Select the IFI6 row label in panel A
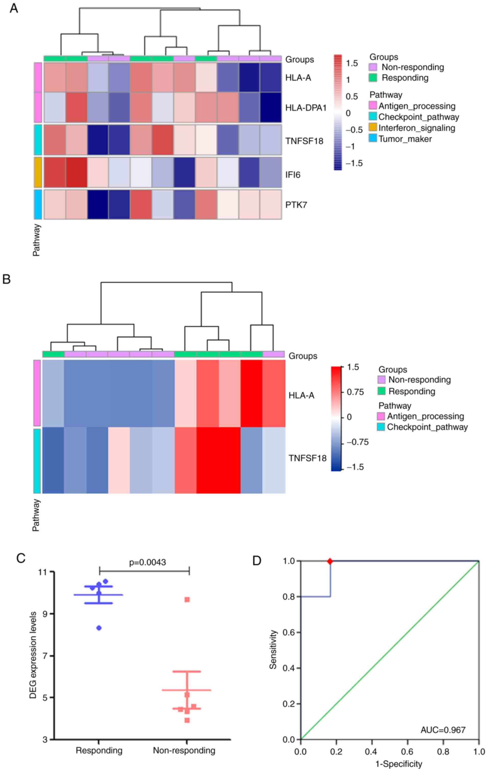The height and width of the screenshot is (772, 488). [x=293, y=175]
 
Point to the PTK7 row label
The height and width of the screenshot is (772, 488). [x=296, y=205]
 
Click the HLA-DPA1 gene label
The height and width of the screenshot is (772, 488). [x=306, y=108]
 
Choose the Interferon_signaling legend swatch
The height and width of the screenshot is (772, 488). [x=373, y=128]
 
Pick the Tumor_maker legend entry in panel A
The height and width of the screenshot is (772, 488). [x=405, y=139]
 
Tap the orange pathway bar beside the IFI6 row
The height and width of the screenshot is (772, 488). [x=38, y=172]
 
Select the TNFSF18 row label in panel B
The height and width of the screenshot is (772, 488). [x=307, y=458]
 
